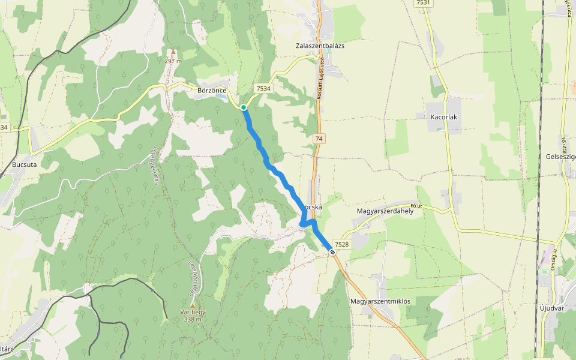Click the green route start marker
(244, 107)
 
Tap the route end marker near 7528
(332, 251)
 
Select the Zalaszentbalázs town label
(320, 46)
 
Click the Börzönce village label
(212, 91)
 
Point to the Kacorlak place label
(444, 116)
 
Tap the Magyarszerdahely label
(385, 211)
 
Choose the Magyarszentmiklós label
(380, 301)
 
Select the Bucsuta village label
(25, 164)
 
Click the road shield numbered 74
(319, 139)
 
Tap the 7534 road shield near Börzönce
(263, 88)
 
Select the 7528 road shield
(341, 244)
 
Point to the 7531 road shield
(423, 3)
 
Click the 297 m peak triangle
(173, 52)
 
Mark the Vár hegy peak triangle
(192, 305)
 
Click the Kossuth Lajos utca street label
(320, 82)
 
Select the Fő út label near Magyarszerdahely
(416, 206)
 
